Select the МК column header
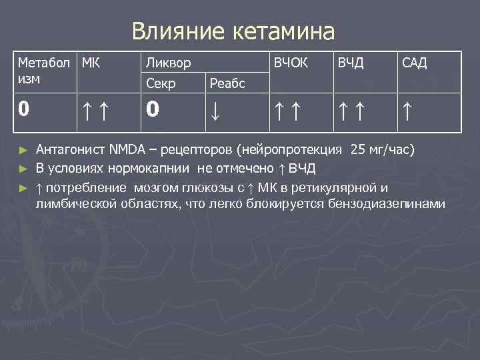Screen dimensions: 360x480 pos(92,63)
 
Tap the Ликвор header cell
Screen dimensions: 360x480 pos(169,63)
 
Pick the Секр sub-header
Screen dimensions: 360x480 pos(161,83)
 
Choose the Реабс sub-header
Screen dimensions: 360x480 pos(227,83)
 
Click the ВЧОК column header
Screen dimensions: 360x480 pos(288,63)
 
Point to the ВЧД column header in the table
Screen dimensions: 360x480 pos(351,63)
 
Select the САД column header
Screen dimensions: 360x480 pos(415,63)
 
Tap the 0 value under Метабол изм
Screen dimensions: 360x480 pos(23,109)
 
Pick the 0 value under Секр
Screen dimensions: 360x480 pos(153,109)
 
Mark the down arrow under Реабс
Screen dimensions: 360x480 pos(215,110)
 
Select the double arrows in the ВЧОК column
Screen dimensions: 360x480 pos(288,109)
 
